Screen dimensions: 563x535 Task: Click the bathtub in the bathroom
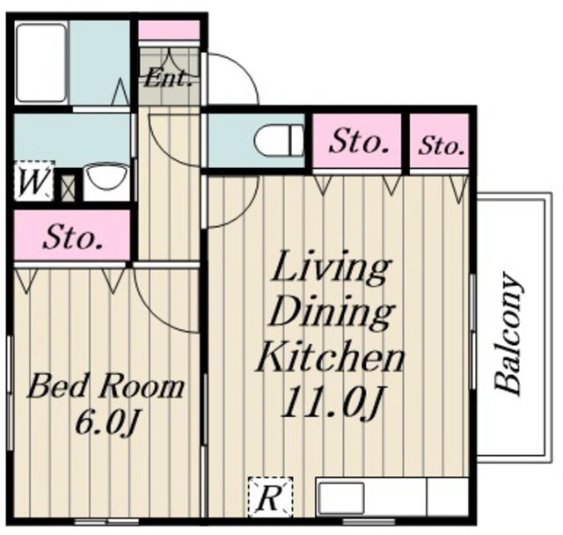(x=41, y=62)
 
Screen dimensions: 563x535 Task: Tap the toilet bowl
(x=279, y=141)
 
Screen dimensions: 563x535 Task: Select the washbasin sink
(x=108, y=178)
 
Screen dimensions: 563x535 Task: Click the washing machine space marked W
(x=34, y=180)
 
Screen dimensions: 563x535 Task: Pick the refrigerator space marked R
(x=271, y=496)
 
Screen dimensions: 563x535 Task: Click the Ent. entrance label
(x=168, y=78)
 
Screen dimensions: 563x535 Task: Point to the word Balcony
(x=508, y=333)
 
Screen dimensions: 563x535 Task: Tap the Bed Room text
(x=106, y=387)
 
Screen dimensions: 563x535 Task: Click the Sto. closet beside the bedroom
(x=72, y=235)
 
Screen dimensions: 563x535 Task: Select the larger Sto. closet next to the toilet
(x=356, y=141)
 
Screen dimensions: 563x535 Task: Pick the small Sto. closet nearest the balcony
(x=439, y=141)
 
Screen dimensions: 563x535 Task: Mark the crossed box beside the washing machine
(x=68, y=187)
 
